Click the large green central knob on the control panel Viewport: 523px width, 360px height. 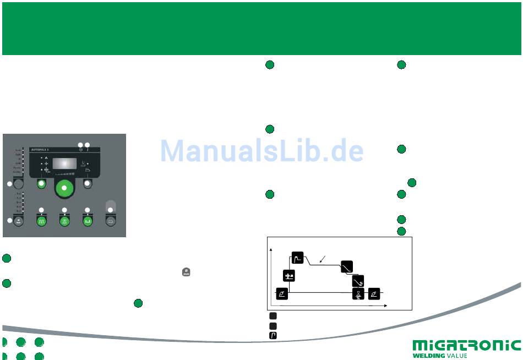pyautogui.click(x=64, y=188)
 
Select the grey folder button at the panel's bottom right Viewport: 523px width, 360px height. pyautogui.click(x=110, y=221)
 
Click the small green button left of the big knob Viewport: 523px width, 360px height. pyautogui.click(x=41, y=184)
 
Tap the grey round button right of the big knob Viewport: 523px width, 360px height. pyautogui.click(x=87, y=184)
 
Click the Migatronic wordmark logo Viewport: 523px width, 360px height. pyautogui.click(x=466, y=346)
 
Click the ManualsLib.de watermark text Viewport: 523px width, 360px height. pyautogui.click(x=262, y=150)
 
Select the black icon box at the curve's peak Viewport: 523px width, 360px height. pyautogui.click(x=298, y=258)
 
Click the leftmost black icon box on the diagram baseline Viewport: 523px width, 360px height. pyautogui.click(x=281, y=294)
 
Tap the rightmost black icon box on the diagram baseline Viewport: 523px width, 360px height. pyautogui.click(x=374, y=294)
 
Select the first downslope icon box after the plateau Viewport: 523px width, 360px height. pyautogui.click(x=346, y=266)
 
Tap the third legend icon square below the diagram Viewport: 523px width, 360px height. pyautogui.click(x=273, y=335)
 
